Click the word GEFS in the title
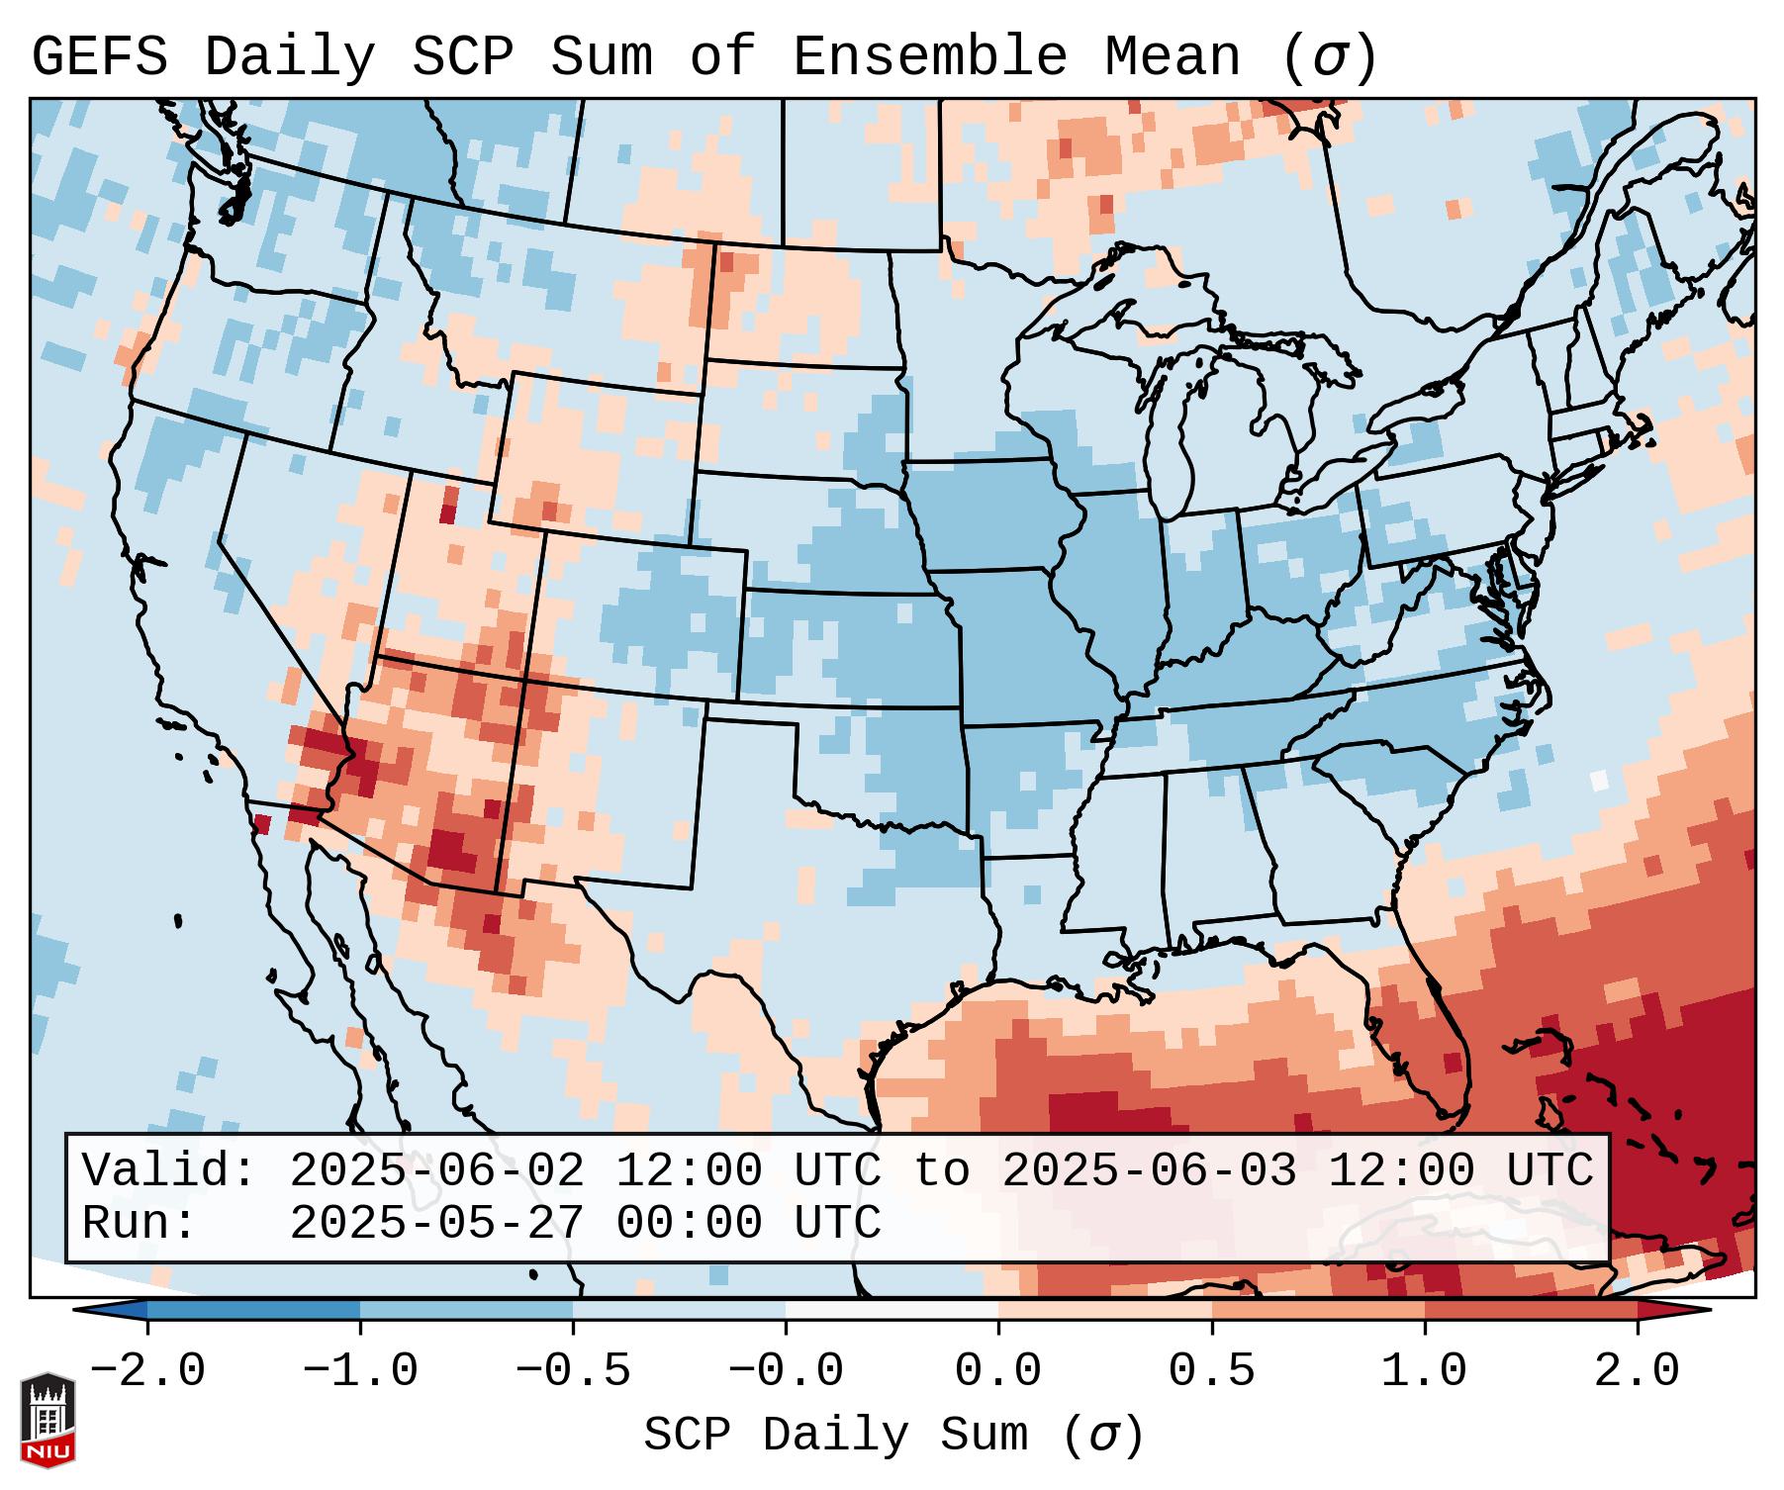pyautogui.click(x=99, y=57)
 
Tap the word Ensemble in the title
pyautogui.click(x=929, y=57)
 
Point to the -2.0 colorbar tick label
pyautogui.click(x=146, y=1371)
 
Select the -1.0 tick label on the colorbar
pyautogui.click(x=359, y=1371)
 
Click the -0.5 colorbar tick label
pyautogui.click(x=572, y=1371)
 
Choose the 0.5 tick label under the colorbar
pyautogui.click(x=1211, y=1371)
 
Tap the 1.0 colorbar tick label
pyautogui.click(x=1424, y=1371)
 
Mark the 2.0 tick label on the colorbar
pyautogui.click(x=1637, y=1371)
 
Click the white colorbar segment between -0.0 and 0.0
pyautogui.click(x=892, y=1310)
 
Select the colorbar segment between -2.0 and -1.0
pyautogui.click(x=253, y=1310)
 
